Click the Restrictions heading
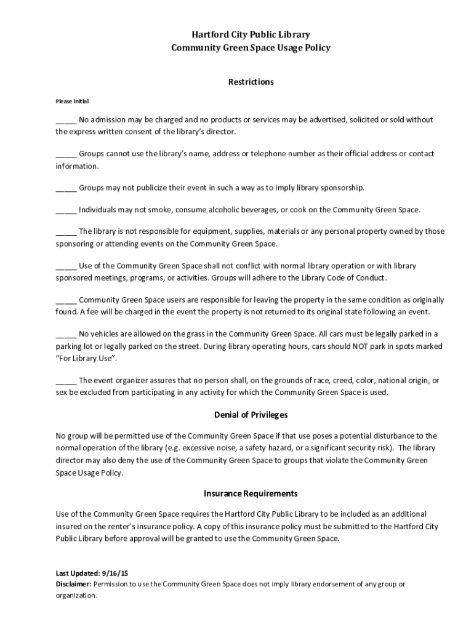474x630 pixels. click(x=251, y=82)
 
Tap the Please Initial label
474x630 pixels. click(x=73, y=101)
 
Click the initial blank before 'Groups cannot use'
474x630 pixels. click(x=66, y=154)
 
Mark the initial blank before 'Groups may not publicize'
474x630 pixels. click(x=66, y=188)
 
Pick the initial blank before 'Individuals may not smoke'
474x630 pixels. click(x=66, y=210)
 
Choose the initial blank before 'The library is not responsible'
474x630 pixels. click(x=66, y=232)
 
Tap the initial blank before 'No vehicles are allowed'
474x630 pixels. click(x=66, y=335)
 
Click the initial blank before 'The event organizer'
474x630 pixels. click(x=66, y=381)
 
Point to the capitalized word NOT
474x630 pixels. click(x=361, y=346)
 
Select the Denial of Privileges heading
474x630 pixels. click(x=251, y=415)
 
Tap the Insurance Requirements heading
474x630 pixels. click(x=251, y=493)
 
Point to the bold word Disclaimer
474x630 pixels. click(x=73, y=584)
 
